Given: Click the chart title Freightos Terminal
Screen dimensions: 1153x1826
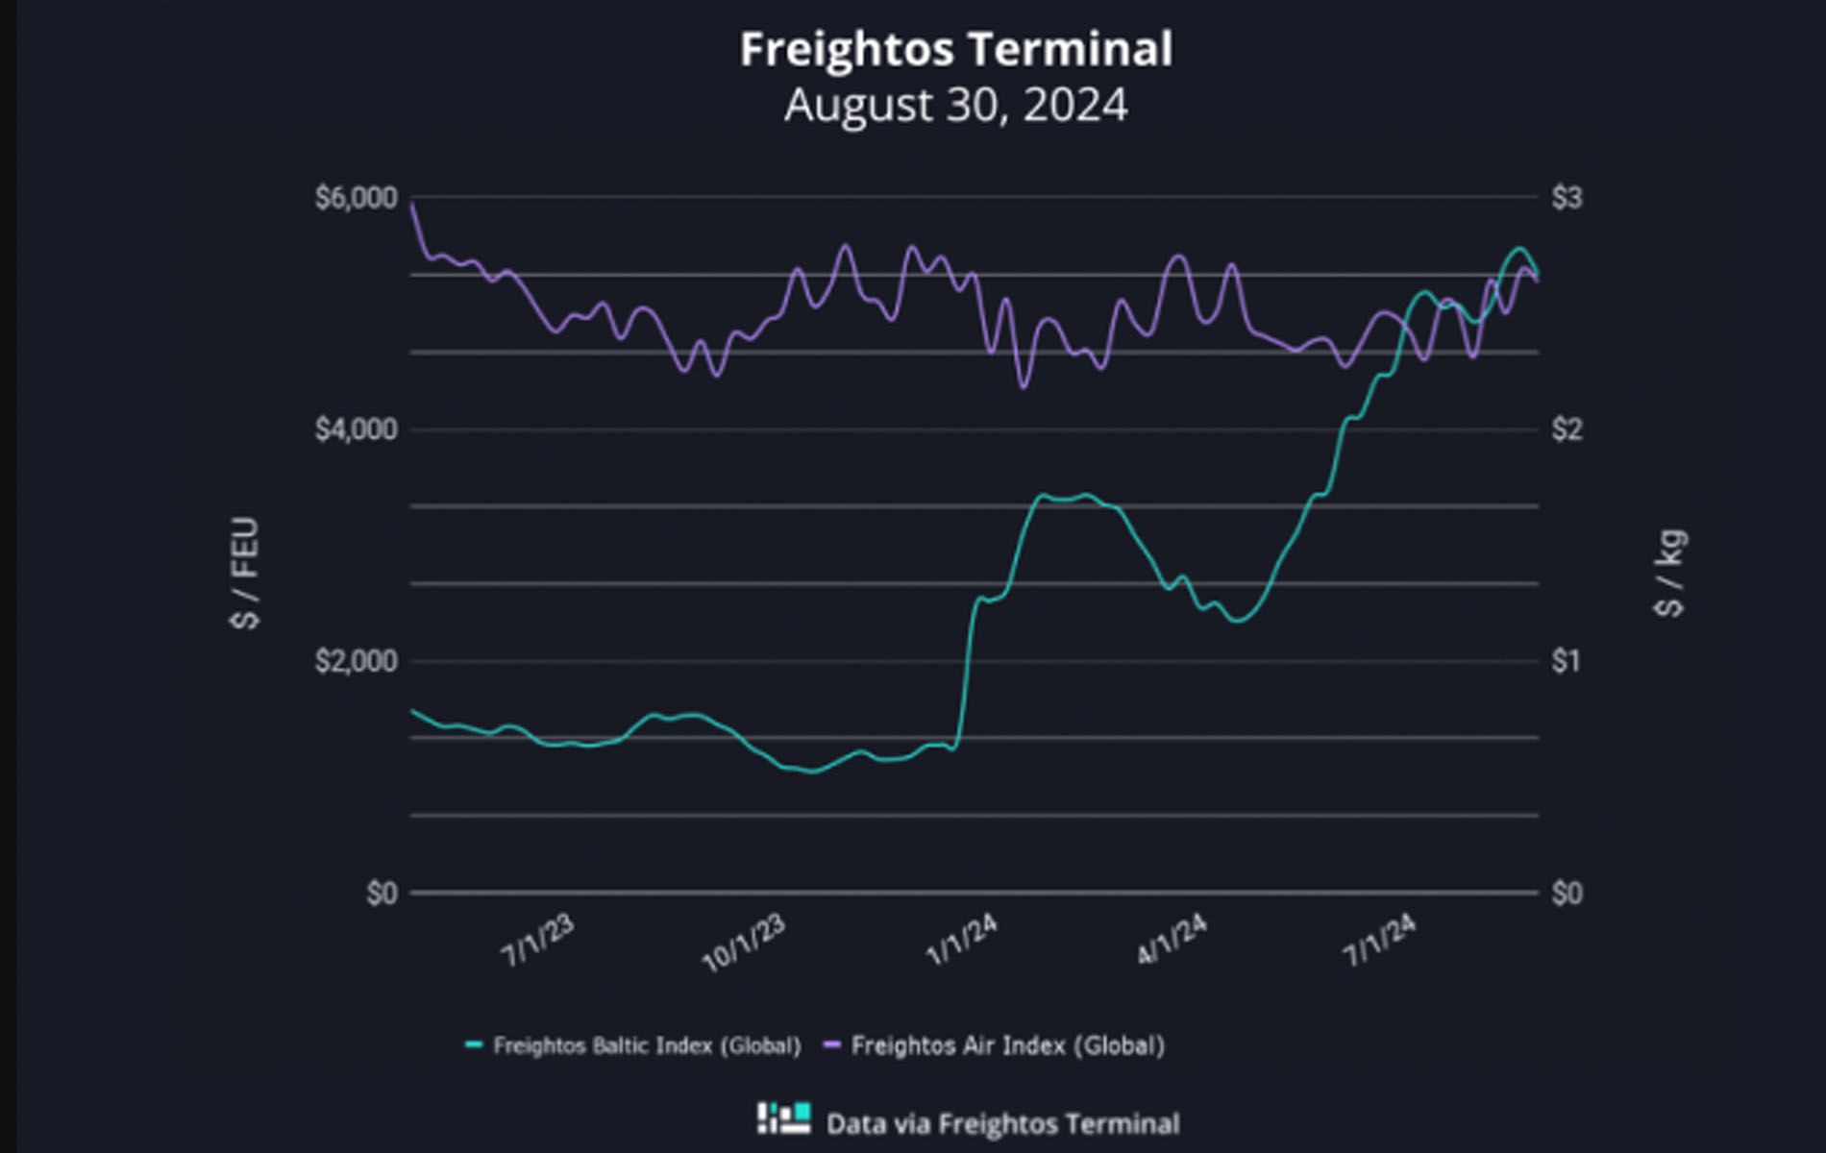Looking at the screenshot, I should point(955,49).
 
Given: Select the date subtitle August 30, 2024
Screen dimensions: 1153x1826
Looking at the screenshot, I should point(955,105).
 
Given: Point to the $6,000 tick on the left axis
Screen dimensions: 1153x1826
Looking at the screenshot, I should point(356,198).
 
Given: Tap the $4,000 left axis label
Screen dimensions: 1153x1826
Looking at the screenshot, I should point(356,429).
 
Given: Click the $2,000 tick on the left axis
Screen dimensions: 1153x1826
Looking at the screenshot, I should point(356,661).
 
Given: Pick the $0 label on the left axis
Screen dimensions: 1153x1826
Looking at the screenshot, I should point(382,894).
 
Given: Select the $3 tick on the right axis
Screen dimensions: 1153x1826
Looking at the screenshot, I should point(1567,198).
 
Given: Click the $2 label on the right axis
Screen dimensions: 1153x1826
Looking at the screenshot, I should point(1567,429).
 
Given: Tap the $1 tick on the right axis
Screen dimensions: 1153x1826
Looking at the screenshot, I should point(1567,661).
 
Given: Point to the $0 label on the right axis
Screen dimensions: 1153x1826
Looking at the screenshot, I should point(1567,894).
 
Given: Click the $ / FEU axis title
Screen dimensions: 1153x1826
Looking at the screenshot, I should point(245,573).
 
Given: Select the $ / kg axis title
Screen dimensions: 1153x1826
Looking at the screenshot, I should point(1670,573).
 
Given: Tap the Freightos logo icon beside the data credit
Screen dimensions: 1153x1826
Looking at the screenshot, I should point(784,1118).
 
